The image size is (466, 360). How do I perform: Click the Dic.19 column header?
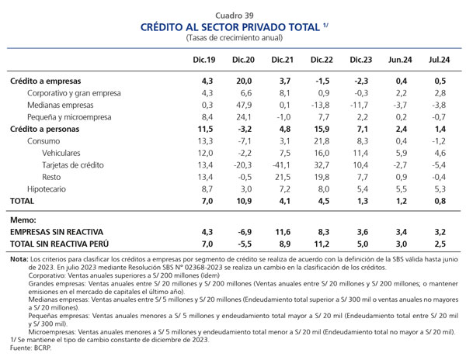(x=203, y=60)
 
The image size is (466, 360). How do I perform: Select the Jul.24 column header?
(x=440, y=60)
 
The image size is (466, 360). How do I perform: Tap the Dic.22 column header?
(x=322, y=60)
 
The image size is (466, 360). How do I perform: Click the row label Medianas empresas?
(x=61, y=105)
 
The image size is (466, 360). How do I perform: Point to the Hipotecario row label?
(x=47, y=189)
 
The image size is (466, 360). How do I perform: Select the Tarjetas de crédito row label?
(x=73, y=165)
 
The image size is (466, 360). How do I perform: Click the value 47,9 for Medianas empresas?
(x=244, y=105)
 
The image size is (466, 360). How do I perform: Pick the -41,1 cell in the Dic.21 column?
(x=281, y=165)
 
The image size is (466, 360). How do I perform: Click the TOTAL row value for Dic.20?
(x=244, y=201)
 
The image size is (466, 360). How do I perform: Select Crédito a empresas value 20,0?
(x=244, y=81)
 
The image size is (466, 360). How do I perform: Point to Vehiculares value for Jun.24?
(x=402, y=153)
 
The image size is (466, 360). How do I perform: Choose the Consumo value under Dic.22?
(x=322, y=141)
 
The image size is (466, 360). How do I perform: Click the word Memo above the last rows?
(x=23, y=220)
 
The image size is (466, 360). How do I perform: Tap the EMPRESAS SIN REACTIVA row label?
(x=57, y=232)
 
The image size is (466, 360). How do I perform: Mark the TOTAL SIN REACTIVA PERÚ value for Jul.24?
(x=440, y=244)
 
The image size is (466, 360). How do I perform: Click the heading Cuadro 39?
(x=235, y=16)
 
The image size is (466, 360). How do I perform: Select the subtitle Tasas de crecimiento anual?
(x=235, y=38)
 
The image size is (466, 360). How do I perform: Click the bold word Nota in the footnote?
(x=19, y=259)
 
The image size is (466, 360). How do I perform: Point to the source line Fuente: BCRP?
(x=30, y=348)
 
